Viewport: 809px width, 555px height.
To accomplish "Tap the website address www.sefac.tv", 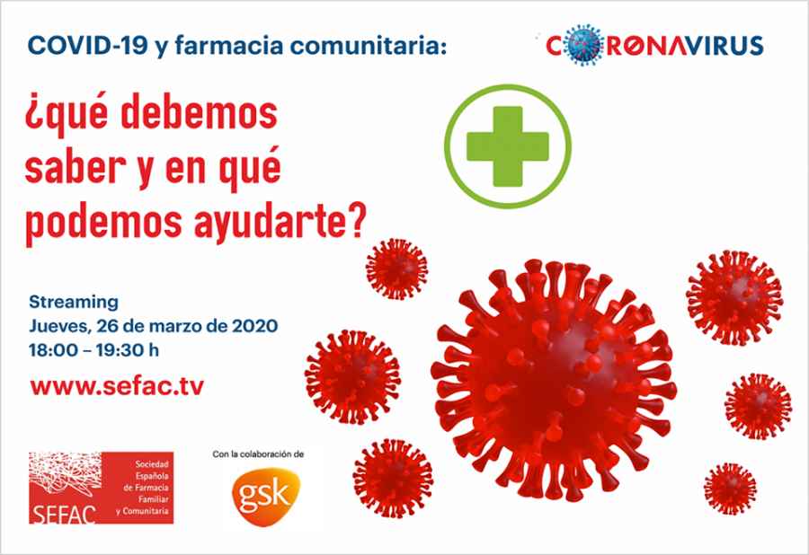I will pos(117,386).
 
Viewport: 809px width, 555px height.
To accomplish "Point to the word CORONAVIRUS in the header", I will pos(655,45).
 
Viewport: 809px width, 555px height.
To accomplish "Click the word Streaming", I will pos(74,302).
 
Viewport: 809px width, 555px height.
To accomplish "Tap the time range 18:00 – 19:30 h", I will pos(100,348).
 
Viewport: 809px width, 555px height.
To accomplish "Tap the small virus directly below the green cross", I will pos(396,268).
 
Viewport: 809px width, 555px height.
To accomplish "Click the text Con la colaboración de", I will pos(258,454).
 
